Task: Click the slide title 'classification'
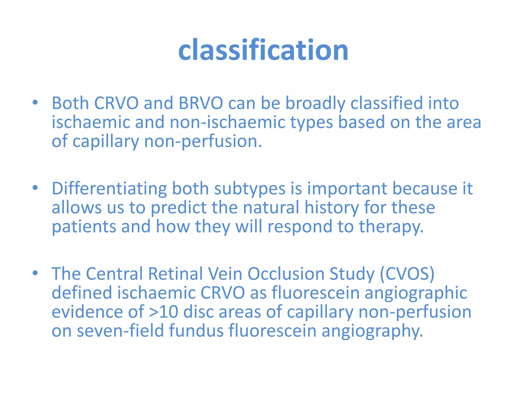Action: click(x=263, y=50)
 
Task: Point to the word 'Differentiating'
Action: click(x=109, y=188)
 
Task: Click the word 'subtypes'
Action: click(x=250, y=188)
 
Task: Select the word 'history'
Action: click(x=331, y=208)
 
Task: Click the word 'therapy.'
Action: click(x=391, y=227)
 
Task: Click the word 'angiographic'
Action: click(x=416, y=293)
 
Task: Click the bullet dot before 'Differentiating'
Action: click(x=35, y=188)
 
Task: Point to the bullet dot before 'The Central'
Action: click(x=35, y=273)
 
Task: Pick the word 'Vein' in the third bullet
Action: click(x=225, y=274)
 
